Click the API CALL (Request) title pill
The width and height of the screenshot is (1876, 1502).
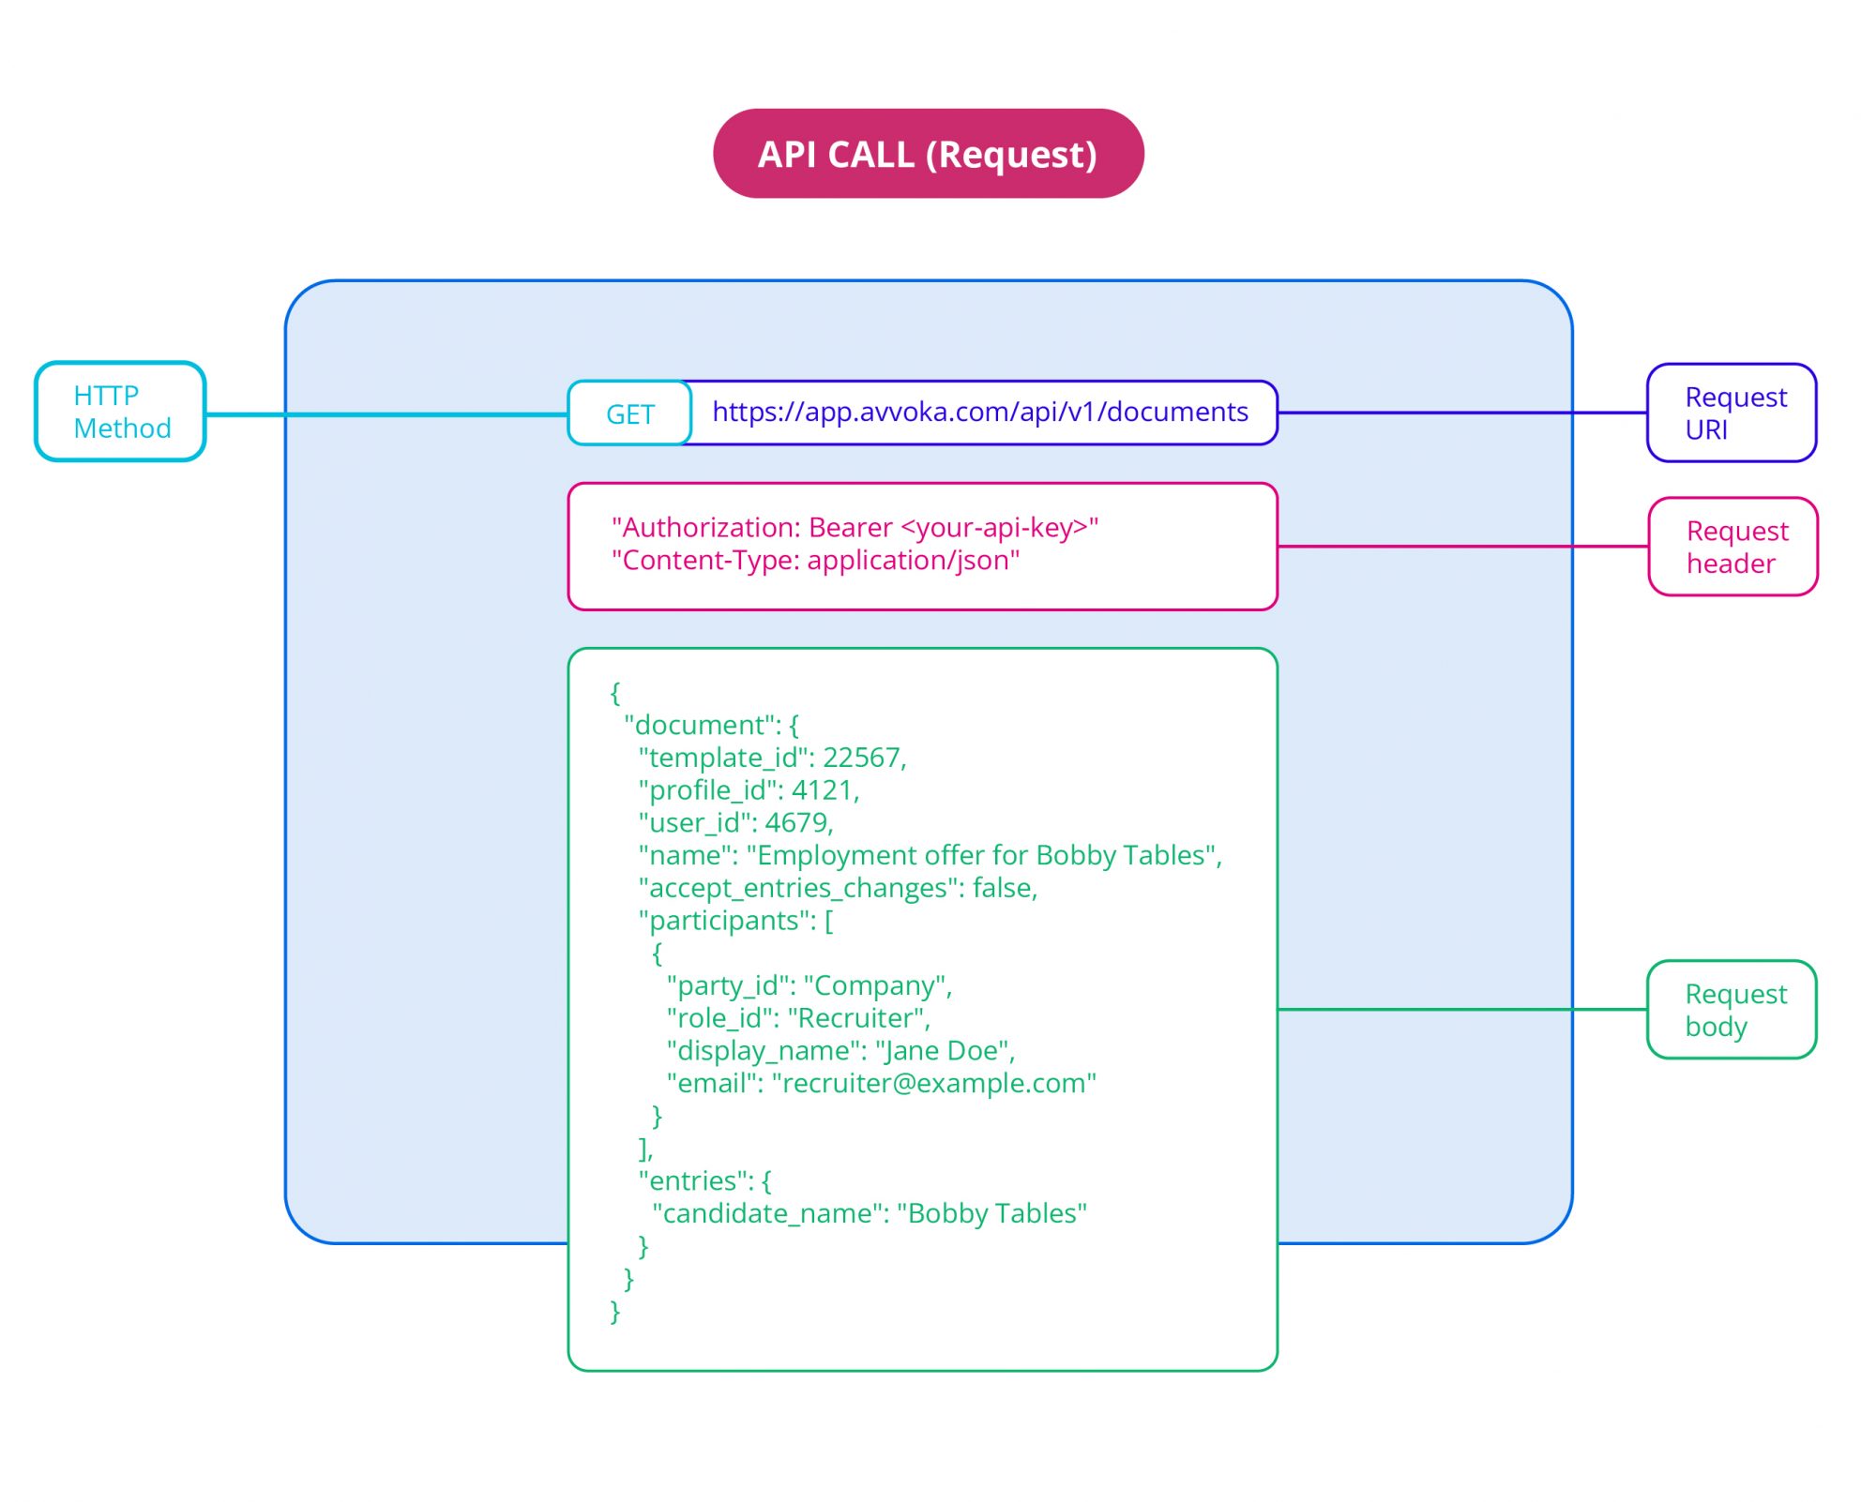(928, 154)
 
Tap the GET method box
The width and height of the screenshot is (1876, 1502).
(629, 413)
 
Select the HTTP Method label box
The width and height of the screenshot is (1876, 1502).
(120, 412)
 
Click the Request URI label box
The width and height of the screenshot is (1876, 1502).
(1732, 413)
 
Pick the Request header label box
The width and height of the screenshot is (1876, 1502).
(1732, 547)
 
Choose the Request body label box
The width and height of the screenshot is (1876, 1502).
(1732, 1010)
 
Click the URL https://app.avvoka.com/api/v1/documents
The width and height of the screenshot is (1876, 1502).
(979, 412)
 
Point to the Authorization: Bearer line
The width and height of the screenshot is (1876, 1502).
(854, 528)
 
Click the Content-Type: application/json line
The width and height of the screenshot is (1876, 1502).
(814, 561)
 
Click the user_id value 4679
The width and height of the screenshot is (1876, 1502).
(796, 823)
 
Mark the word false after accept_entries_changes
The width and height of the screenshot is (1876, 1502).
(1002, 888)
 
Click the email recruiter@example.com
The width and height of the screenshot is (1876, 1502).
(932, 1084)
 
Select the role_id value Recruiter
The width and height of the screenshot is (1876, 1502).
(857, 1018)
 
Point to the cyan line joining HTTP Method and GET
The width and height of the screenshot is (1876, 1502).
(385, 414)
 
